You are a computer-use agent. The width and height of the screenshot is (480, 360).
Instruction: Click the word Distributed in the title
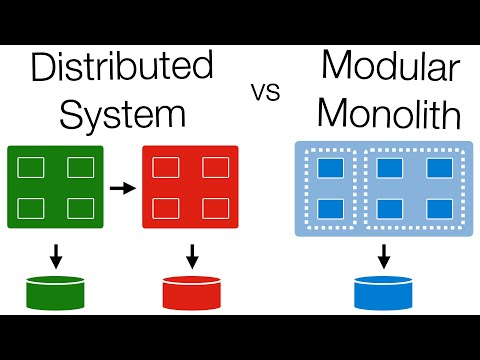coord(123,68)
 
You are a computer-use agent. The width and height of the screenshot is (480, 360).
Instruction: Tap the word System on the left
coord(123,114)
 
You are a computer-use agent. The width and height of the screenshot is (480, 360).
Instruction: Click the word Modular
coord(392,68)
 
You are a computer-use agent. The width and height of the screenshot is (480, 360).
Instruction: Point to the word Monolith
coord(392,115)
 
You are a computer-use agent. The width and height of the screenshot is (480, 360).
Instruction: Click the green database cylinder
coord(55,292)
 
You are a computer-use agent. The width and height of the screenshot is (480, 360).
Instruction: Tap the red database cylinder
coord(190,292)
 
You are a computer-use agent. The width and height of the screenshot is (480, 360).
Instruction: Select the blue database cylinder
coord(383,292)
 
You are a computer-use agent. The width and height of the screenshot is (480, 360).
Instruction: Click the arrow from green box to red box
coord(122,187)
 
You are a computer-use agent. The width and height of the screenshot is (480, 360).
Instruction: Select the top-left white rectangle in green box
coord(32,168)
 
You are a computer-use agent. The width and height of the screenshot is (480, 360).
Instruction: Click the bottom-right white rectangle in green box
coord(79,207)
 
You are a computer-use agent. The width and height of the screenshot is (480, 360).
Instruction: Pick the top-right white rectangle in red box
coord(215,168)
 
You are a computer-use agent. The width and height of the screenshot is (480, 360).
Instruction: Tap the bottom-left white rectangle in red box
coord(167,208)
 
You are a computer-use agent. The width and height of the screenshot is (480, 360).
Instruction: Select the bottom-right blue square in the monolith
coord(437,209)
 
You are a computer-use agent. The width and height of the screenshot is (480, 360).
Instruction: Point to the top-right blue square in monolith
coord(437,167)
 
